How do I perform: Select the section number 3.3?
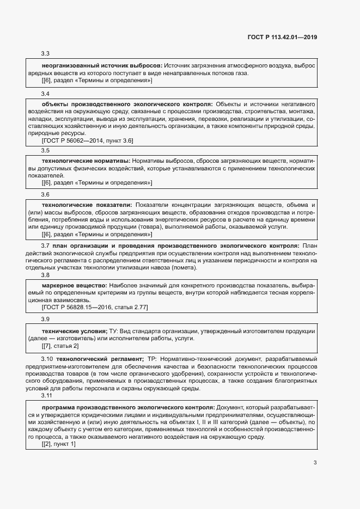46,53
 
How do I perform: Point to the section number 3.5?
46,150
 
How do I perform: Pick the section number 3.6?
46,194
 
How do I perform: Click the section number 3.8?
46,275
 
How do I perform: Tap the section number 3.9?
46,318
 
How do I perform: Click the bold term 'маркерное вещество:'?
75,286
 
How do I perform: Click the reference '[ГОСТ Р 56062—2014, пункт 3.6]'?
88,140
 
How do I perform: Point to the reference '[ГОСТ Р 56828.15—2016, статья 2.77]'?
95,308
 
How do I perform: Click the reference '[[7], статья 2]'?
60,346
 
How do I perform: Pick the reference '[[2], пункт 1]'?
59,444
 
